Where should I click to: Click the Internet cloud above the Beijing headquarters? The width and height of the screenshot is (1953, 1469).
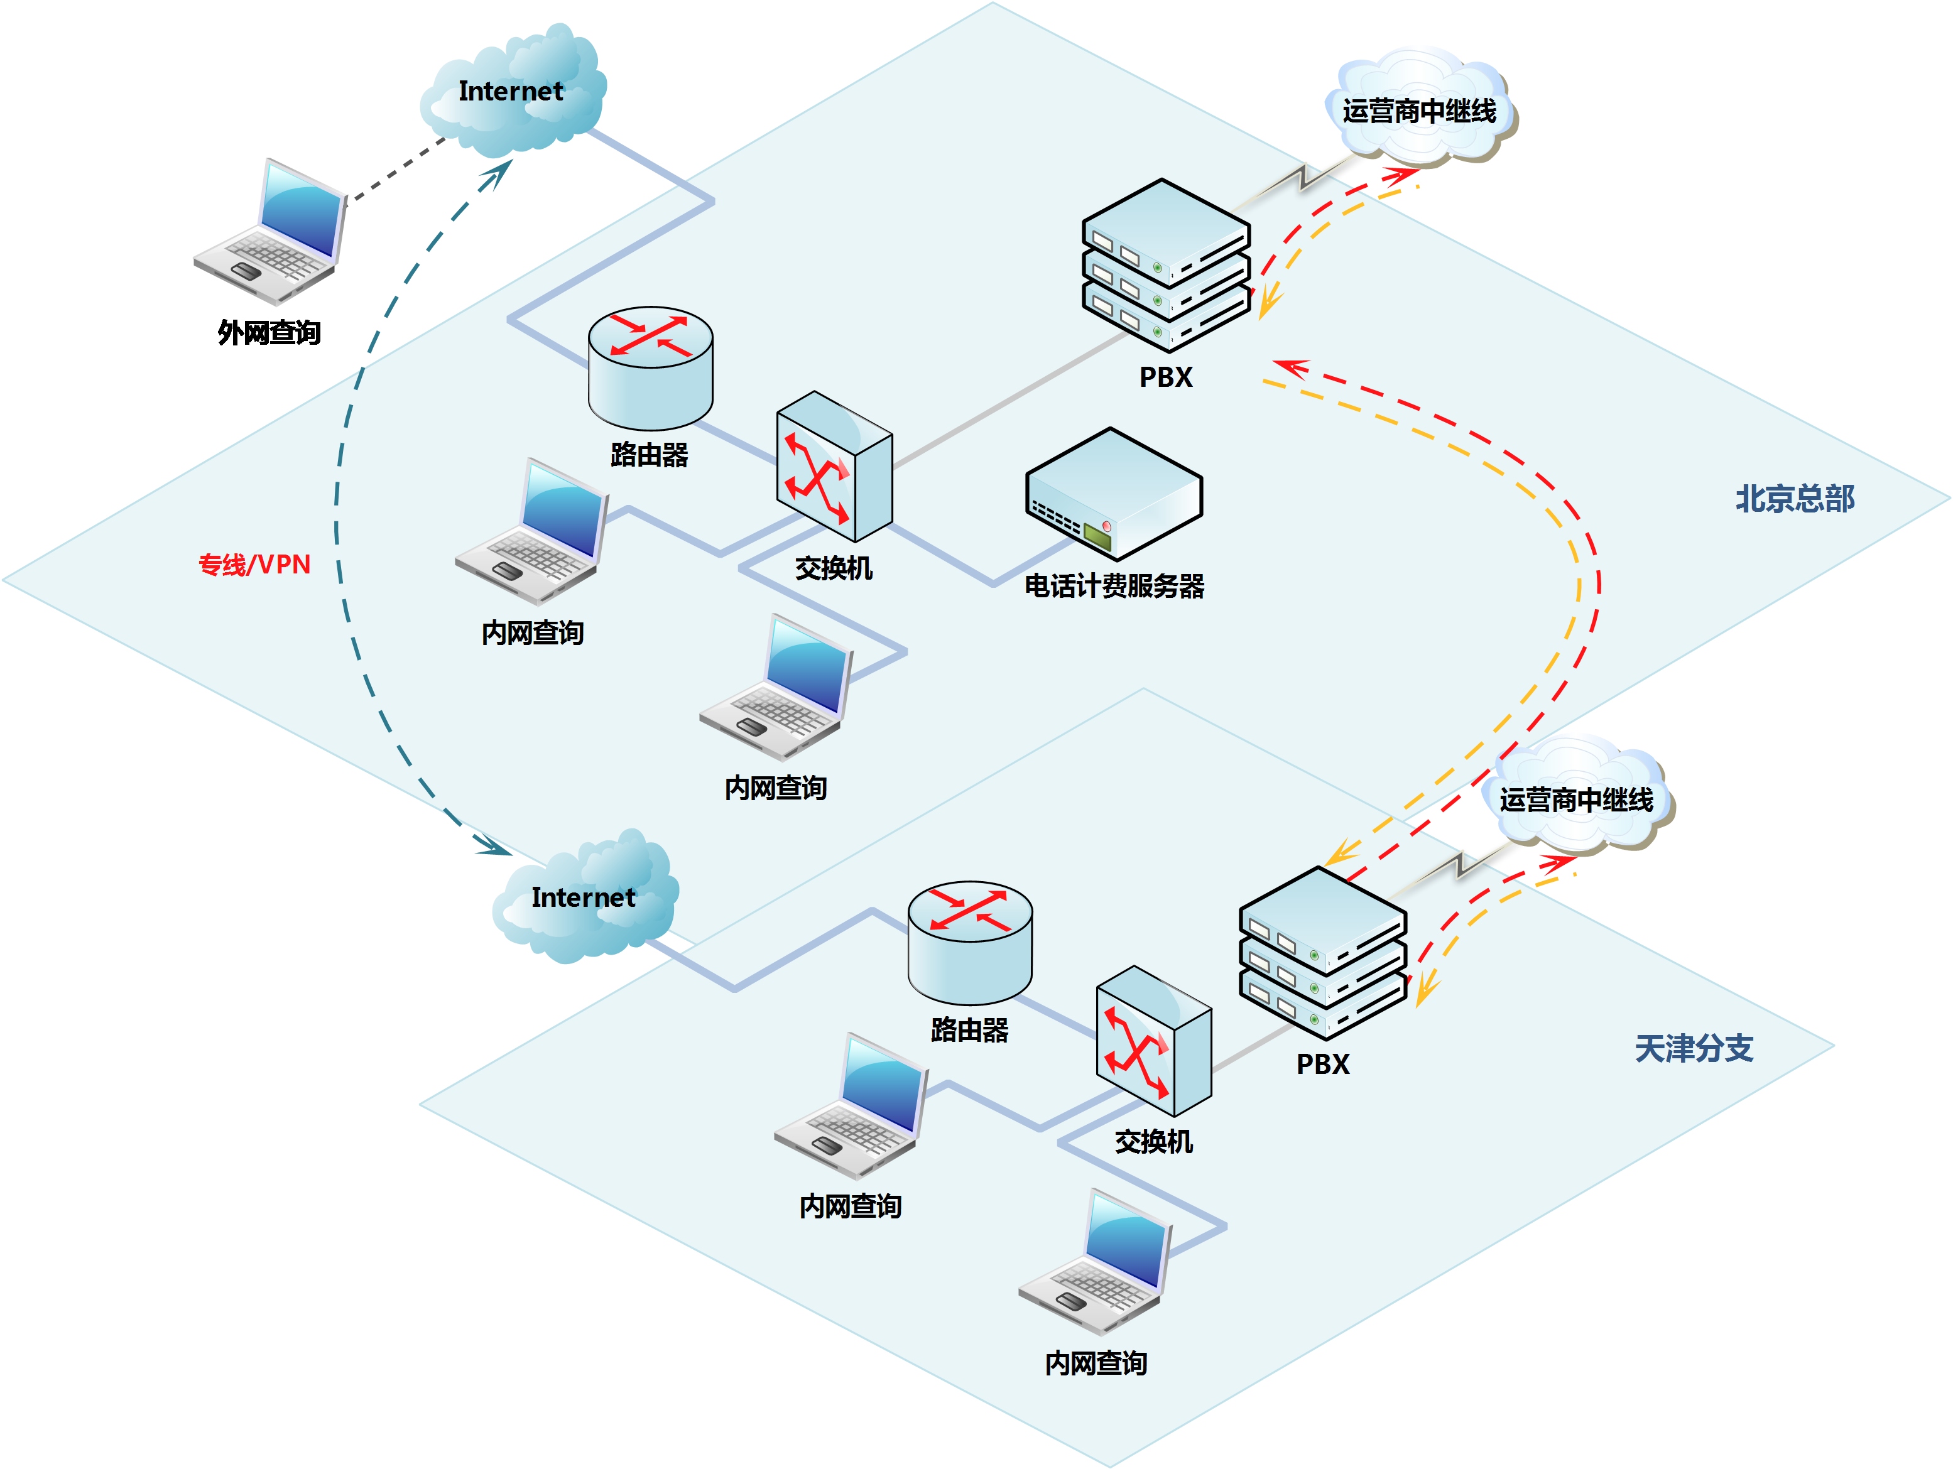point(512,93)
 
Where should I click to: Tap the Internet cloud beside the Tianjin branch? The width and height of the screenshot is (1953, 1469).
point(584,899)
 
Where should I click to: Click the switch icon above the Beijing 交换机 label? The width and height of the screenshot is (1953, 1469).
point(834,466)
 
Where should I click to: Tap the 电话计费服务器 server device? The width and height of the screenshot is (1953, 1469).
point(1113,494)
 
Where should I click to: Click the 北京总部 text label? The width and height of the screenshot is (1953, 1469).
point(1795,499)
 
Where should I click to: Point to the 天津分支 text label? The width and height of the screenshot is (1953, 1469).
point(1694,1049)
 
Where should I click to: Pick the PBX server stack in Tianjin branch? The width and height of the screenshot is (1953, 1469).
point(1322,953)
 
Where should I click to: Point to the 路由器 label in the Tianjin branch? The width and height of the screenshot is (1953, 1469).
point(969,1030)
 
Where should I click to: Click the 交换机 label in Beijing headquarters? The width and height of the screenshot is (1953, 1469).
point(834,568)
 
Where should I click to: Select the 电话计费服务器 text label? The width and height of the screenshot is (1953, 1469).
point(1114,586)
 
